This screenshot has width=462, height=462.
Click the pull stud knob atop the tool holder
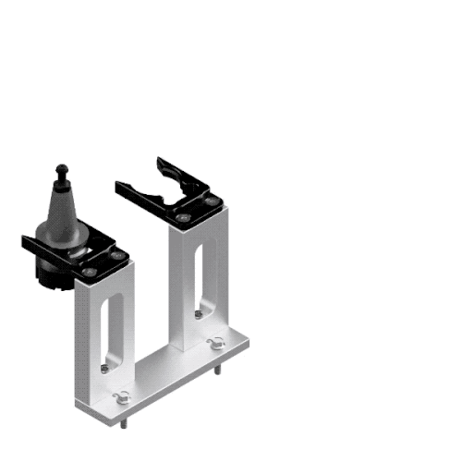click(62, 170)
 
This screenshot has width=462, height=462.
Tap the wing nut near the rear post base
click(217, 345)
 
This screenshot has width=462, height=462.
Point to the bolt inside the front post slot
click(105, 367)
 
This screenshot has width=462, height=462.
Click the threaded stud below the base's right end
click(219, 371)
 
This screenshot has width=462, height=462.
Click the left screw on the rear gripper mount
click(184, 218)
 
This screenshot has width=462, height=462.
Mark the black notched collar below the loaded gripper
click(51, 273)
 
